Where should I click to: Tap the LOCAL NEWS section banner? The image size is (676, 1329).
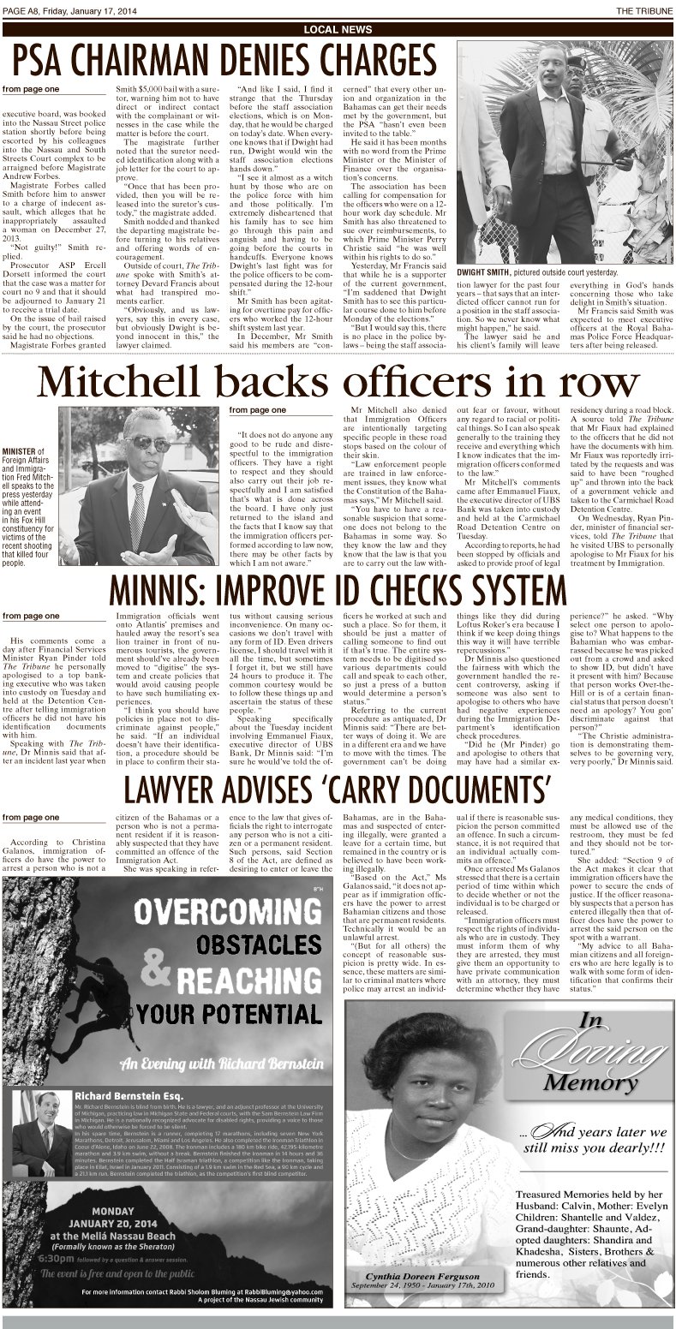pos(338,30)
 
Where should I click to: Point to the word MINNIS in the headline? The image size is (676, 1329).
pos(162,589)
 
